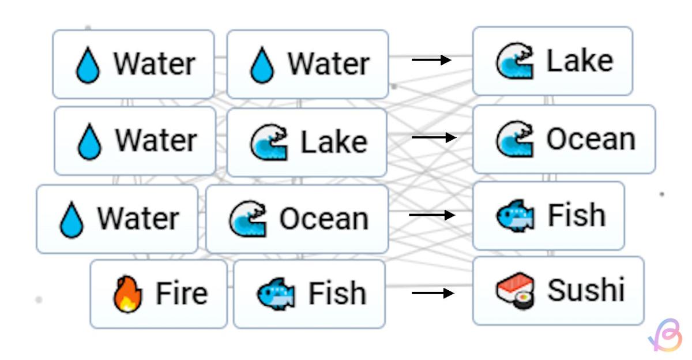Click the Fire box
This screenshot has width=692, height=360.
click(159, 294)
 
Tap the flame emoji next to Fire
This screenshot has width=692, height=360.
click(127, 294)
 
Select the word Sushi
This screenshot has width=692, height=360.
click(586, 290)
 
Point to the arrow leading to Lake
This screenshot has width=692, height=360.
click(431, 59)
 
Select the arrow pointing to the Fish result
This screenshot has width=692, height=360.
click(432, 215)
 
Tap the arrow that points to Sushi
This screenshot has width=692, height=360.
click(432, 293)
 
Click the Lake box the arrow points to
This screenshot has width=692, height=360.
click(552, 61)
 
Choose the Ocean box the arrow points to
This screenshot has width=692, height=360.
click(563, 139)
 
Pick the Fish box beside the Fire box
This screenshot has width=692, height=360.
click(309, 294)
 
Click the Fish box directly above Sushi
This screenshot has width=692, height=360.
click(548, 216)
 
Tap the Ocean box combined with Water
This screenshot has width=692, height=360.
click(297, 219)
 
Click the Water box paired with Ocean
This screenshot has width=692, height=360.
click(117, 219)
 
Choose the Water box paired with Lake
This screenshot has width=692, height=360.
click(135, 141)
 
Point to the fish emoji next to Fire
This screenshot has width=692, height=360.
click(276, 294)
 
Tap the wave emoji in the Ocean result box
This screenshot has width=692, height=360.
click(514, 139)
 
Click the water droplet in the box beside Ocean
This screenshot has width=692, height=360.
click(72, 220)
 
